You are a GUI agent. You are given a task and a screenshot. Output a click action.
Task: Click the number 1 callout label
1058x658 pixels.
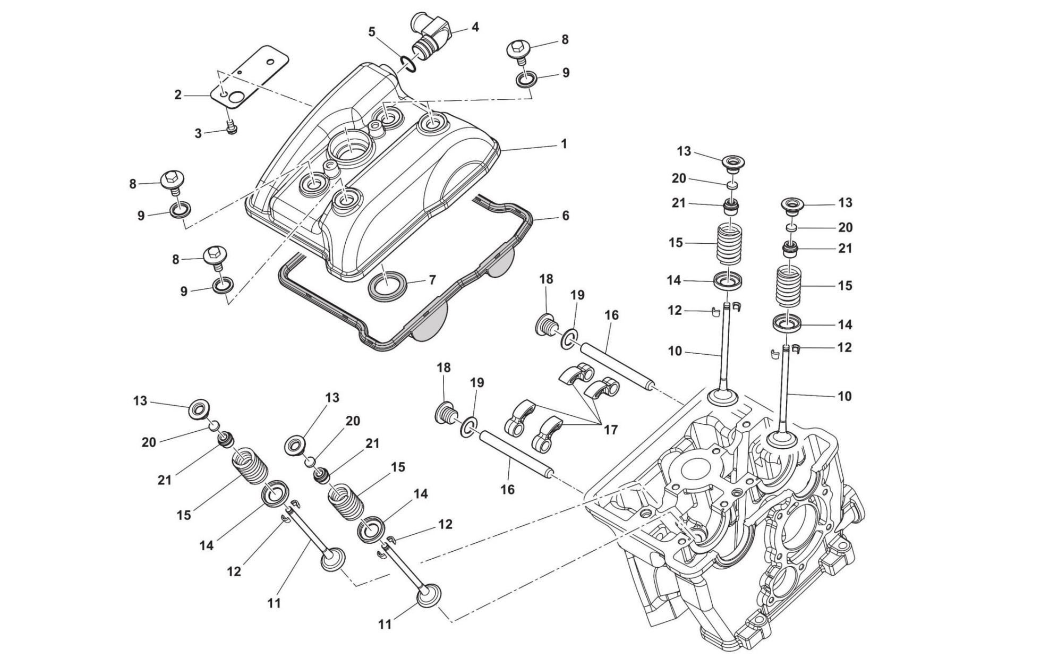click(x=564, y=144)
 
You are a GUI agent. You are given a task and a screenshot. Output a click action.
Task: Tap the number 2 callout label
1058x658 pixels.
click(x=178, y=95)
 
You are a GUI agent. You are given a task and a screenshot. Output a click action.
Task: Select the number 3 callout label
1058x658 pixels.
click(x=198, y=133)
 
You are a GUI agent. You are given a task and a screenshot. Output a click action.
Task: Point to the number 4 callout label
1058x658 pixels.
click(x=475, y=27)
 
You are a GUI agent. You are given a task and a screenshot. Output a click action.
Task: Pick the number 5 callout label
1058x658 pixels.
click(x=372, y=32)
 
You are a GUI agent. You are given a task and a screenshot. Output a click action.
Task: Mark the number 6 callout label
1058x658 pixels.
click(x=565, y=216)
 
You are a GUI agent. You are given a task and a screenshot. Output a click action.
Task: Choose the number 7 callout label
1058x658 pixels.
click(x=432, y=279)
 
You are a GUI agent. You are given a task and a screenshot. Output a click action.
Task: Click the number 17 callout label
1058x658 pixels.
click(x=611, y=429)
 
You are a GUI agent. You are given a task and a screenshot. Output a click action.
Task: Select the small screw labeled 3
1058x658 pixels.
click(x=231, y=129)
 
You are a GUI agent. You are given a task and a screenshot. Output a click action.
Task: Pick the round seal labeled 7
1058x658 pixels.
click(x=388, y=286)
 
